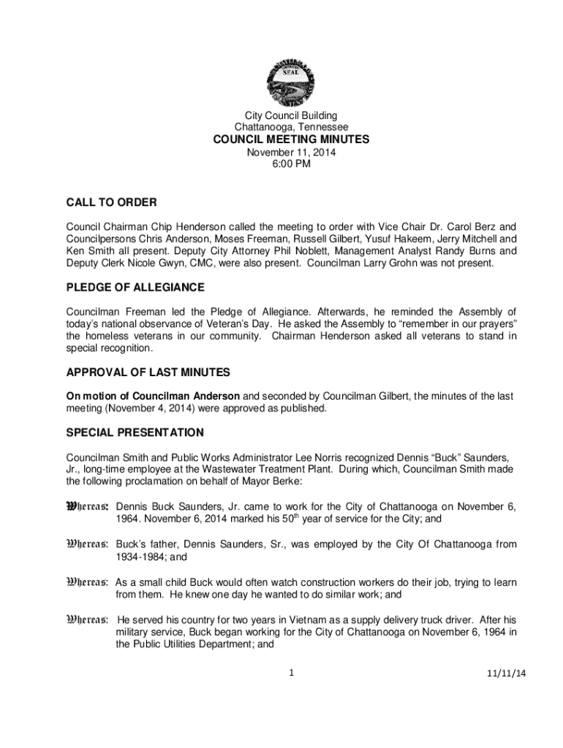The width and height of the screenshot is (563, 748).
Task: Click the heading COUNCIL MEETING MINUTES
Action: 291,140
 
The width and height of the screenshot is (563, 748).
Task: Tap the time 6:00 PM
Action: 291,164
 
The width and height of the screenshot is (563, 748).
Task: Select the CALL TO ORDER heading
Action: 112,202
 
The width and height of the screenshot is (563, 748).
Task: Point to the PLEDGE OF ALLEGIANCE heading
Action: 135,287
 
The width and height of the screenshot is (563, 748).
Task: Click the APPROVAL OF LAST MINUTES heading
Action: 148,373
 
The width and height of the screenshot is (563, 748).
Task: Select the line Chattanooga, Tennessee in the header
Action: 291,127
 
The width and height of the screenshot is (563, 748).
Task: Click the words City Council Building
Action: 291,115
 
